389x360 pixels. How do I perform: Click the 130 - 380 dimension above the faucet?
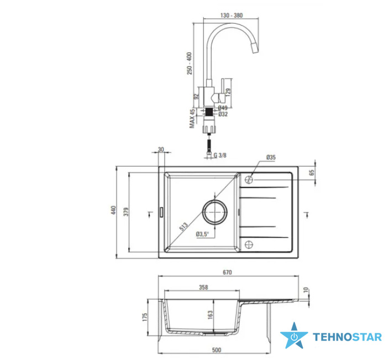point(231,15)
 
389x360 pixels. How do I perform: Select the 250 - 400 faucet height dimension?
point(190,63)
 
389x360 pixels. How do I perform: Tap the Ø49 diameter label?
point(223,108)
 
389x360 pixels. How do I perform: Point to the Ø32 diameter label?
point(223,114)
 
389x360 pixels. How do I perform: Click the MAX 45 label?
point(192,119)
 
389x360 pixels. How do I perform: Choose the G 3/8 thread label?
point(220,155)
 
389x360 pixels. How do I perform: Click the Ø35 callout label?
point(271,158)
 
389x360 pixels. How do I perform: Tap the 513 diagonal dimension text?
point(183,226)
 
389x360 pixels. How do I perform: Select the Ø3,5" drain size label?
point(202,234)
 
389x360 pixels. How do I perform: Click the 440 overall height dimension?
point(113,210)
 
